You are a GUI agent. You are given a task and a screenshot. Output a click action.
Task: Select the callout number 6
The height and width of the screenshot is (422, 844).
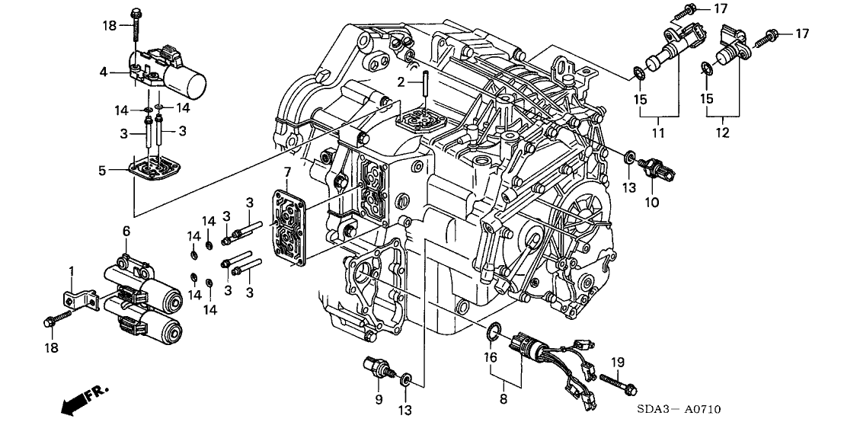coord(126,231)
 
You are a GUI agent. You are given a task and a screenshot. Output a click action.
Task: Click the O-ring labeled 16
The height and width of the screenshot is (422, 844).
coord(494,331)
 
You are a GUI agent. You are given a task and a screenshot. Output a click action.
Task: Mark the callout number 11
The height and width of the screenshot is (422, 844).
coord(657,133)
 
